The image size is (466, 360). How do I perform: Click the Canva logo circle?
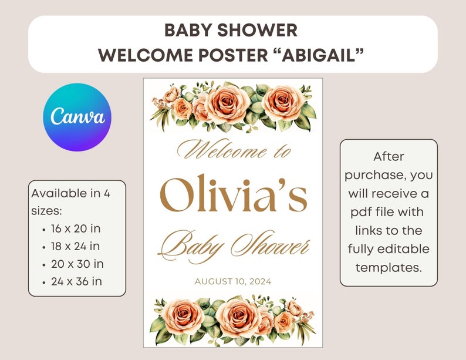(x=77, y=117)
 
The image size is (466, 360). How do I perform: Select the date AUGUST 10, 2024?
(x=233, y=281)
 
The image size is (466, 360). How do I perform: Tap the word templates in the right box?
(x=388, y=267)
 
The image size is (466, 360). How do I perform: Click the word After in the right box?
(x=388, y=157)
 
